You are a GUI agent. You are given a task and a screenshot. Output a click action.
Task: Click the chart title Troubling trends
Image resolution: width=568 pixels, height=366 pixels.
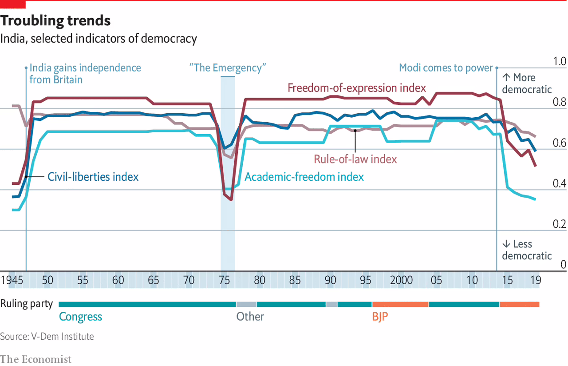coord(55,20)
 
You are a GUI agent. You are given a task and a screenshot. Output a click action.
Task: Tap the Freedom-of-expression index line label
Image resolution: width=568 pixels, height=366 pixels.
coord(357,88)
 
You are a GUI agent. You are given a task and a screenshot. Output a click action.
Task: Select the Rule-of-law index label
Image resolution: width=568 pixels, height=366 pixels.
coord(355,159)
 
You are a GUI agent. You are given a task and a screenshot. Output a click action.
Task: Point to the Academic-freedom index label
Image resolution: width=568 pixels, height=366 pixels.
coord(304,177)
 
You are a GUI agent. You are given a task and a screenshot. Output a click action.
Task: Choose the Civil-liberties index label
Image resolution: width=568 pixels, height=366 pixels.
coord(93,177)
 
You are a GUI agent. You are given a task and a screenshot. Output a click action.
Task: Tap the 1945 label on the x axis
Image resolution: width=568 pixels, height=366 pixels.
coord(12,280)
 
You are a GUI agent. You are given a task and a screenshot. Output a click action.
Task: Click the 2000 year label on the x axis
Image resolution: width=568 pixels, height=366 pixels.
coord(402,280)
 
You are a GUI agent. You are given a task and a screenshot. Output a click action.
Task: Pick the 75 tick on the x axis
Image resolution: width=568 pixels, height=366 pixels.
coord(224,280)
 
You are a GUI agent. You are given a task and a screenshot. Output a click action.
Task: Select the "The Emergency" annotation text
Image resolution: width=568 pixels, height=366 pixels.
coord(227,68)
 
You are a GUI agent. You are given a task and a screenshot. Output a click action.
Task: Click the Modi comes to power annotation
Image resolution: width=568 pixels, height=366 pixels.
coord(446,68)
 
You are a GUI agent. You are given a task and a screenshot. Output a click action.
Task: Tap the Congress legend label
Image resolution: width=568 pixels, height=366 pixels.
coord(80,317)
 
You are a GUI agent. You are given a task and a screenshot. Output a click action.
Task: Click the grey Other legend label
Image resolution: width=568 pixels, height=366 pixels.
coord(250,317)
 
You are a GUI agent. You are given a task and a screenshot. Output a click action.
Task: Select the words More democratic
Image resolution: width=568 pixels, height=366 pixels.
coord(527,84)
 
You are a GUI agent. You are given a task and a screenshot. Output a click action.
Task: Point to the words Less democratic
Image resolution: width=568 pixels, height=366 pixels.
coord(527,250)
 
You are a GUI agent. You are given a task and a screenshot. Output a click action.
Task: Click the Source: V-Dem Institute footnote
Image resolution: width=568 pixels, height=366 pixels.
coord(47,336)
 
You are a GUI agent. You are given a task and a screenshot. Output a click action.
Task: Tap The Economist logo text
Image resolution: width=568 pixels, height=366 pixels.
coord(35,359)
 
